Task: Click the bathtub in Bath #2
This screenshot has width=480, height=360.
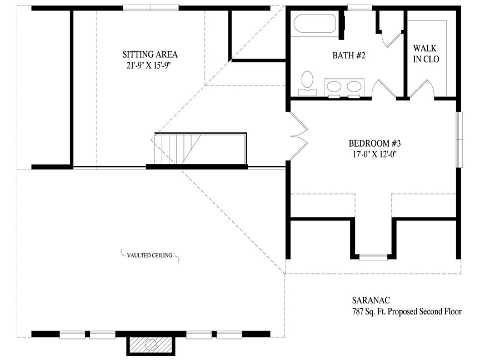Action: coord(315,23)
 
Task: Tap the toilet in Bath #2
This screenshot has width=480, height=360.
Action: coord(307,83)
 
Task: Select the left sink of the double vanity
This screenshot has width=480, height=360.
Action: coord(334,86)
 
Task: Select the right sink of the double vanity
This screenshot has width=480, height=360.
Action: coord(354,86)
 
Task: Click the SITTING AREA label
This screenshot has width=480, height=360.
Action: coord(150,54)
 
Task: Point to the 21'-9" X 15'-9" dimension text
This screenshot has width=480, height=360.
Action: coord(148,66)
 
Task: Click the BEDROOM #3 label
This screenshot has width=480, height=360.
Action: coord(374,143)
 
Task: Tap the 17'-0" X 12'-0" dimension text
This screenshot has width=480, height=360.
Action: coord(374,154)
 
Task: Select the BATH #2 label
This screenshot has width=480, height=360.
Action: coord(349,56)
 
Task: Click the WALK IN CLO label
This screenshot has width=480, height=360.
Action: coord(426,53)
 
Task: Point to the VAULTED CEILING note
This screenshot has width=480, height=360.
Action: coord(149,256)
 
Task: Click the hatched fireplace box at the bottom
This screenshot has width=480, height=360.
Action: coord(151,344)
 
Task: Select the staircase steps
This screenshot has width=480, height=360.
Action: coord(178,149)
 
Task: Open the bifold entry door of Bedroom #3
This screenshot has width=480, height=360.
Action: coord(298,136)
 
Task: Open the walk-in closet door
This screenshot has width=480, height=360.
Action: coord(422,89)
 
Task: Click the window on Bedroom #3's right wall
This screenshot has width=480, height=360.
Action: coord(459,139)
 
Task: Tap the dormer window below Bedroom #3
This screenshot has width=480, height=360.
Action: coord(373,257)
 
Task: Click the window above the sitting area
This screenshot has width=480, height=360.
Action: coord(151,8)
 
